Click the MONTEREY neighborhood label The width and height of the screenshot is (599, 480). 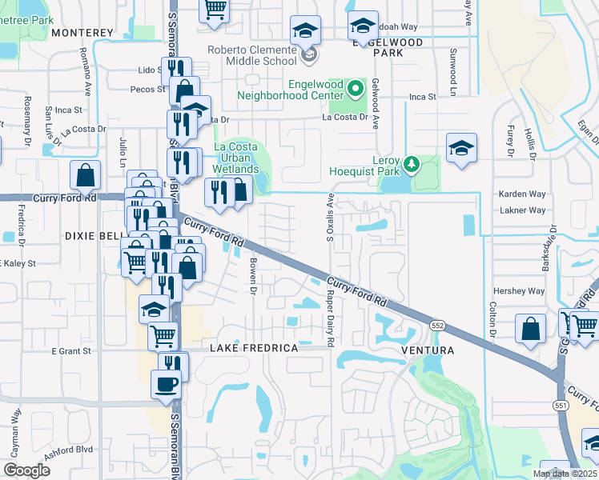click(82, 33)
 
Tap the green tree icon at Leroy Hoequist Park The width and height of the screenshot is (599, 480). click(412, 164)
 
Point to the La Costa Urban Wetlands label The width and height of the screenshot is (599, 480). click(236, 158)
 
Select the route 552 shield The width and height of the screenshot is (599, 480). click(437, 326)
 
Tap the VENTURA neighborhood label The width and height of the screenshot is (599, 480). click(432, 350)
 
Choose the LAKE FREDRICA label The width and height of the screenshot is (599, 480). click(254, 349)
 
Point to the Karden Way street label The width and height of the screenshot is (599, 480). click(521, 194)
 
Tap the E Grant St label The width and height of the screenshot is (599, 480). click(73, 350)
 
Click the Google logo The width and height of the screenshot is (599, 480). click(26, 470)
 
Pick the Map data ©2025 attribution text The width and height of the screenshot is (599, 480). click(565, 474)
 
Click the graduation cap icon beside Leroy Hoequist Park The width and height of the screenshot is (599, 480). click(460, 149)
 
